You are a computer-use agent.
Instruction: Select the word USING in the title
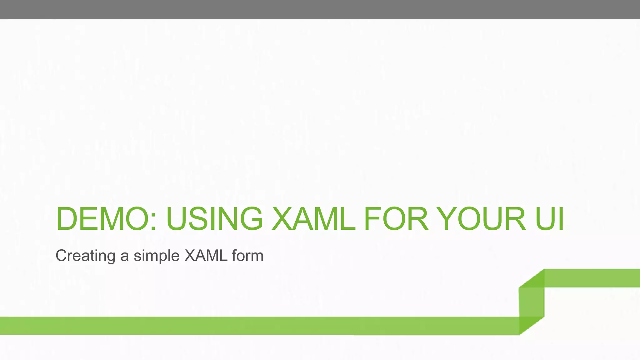pyautogui.click(x=215, y=218)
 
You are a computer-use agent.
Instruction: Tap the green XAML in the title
pyautogui.click(x=313, y=218)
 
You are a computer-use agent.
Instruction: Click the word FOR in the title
pyautogui.click(x=396, y=218)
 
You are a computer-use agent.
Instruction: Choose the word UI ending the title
pyautogui.click(x=549, y=218)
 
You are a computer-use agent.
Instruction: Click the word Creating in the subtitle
pyautogui.click(x=85, y=256)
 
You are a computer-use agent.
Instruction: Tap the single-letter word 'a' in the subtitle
pyautogui.click(x=124, y=257)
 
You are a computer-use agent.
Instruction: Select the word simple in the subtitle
pyautogui.click(x=156, y=256)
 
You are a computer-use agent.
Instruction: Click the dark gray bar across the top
pyautogui.click(x=320, y=9)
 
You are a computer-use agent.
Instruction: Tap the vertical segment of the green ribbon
pyautogui.click(x=532, y=302)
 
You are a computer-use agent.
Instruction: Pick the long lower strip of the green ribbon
pyautogui.click(x=250, y=326)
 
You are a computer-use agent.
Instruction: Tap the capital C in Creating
pyautogui.click(x=61, y=255)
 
